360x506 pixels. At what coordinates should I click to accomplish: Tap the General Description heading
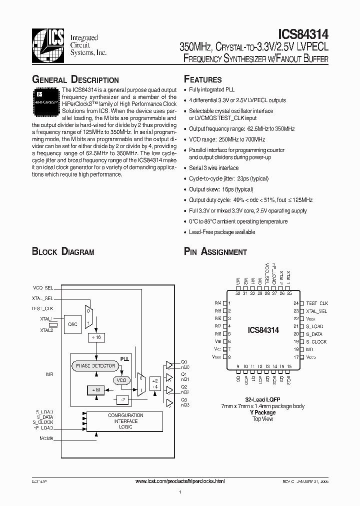point(75,80)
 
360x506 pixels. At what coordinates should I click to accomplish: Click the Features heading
point(202,79)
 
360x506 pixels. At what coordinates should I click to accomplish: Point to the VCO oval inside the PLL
point(121,380)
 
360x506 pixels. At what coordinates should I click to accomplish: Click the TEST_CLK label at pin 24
point(317,303)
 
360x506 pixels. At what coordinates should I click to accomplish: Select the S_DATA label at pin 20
point(314,334)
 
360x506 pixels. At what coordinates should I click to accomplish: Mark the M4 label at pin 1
point(218,303)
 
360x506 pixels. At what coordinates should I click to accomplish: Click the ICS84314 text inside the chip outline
point(263,330)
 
